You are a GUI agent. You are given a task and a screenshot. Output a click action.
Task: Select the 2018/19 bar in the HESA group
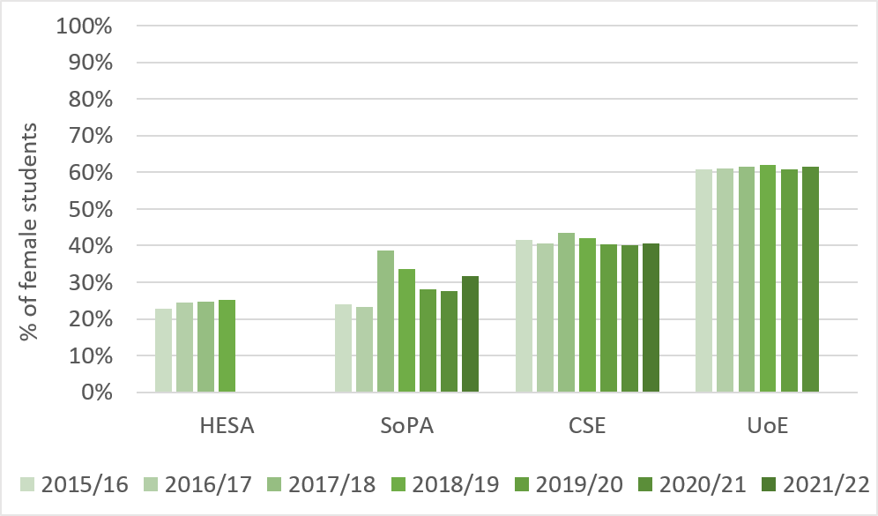pos(227,346)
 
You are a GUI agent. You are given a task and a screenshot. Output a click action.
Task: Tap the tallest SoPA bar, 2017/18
pos(386,321)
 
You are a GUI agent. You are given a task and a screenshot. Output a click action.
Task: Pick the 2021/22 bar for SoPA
pos(471,334)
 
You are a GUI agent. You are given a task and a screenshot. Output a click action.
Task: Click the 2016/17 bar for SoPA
pos(365,349)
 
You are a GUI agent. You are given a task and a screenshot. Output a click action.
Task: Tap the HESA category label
pos(227,428)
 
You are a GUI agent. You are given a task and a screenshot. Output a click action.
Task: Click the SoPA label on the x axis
pos(406,428)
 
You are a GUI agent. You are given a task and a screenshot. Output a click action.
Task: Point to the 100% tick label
pos(84,26)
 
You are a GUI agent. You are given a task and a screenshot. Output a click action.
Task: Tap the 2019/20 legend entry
pos(569,484)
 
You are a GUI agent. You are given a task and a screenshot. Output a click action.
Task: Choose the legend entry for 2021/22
pos(816,484)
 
